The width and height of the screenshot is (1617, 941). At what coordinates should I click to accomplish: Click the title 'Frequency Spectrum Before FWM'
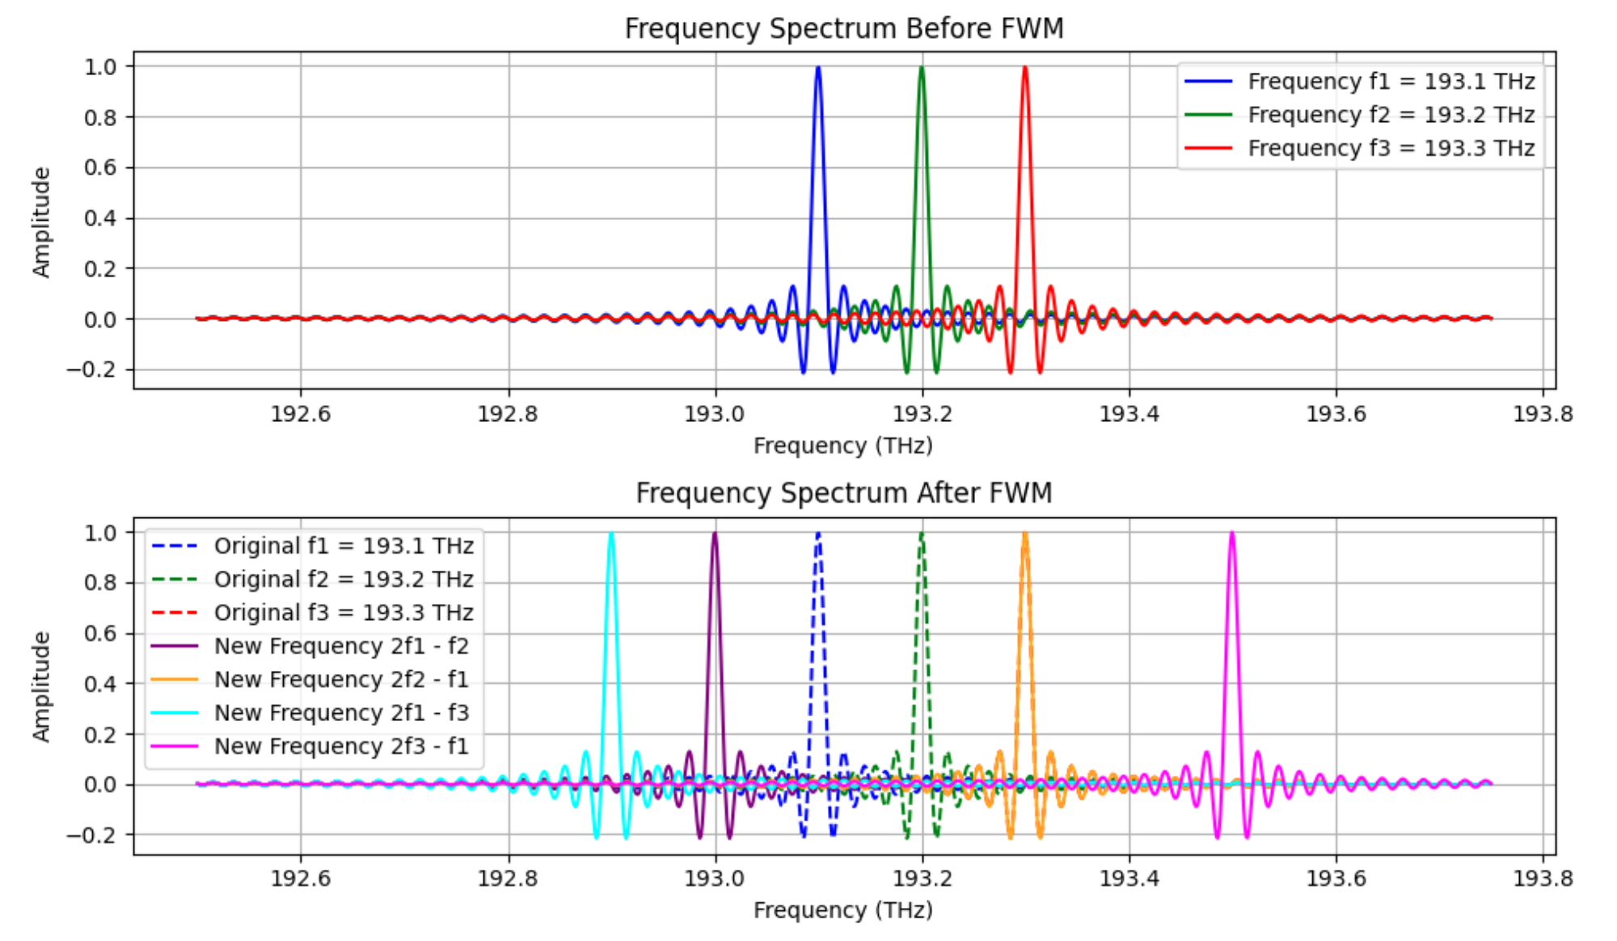point(843,28)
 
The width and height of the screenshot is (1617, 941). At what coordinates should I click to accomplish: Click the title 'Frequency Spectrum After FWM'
point(843,492)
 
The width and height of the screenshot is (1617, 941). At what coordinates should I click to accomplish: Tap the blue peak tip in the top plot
point(818,68)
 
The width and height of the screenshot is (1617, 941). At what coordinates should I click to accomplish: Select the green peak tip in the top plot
point(922,68)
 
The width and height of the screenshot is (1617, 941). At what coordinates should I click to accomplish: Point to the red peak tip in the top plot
point(1025,68)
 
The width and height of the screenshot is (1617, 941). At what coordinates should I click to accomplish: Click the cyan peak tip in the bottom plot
point(611,534)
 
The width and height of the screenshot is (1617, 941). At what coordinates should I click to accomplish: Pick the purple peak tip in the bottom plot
point(715,534)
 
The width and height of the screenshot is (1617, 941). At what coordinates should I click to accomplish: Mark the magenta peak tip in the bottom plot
point(1232,534)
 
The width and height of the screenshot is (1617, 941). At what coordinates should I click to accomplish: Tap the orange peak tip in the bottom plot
point(1025,534)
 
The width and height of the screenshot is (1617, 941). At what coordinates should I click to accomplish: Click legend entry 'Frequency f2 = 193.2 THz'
point(1391,115)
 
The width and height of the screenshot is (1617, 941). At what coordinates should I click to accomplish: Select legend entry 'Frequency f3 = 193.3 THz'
point(1391,148)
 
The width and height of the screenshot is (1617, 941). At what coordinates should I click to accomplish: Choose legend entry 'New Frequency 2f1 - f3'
point(341,712)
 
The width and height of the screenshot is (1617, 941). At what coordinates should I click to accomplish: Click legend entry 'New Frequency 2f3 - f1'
point(341,745)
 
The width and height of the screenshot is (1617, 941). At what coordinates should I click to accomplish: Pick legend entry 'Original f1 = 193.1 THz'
point(344,546)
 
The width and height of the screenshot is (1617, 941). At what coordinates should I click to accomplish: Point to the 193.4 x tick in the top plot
point(1129,414)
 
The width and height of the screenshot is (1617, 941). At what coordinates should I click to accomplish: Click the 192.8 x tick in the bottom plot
point(508,878)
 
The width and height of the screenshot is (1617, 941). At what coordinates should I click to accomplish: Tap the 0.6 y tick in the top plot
point(100,167)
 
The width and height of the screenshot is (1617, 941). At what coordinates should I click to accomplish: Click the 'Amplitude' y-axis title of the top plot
point(41,222)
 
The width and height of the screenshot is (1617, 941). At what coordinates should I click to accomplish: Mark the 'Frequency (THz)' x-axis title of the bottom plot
point(843,910)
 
